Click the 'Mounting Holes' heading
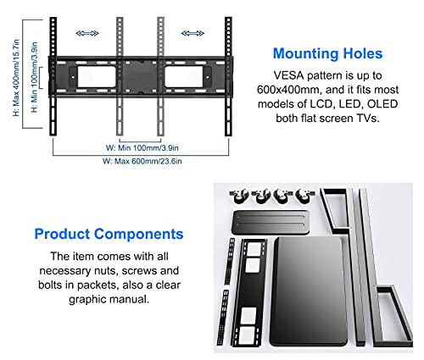click(x=327, y=53)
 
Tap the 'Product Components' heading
click(x=109, y=234)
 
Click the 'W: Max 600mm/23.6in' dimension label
click(x=142, y=161)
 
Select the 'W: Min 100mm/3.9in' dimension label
click(x=142, y=147)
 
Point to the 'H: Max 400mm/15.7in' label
click(x=16, y=78)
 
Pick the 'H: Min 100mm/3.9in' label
click(x=34, y=77)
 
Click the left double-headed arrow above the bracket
click(x=87, y=34)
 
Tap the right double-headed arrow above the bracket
click(x=192, y=34)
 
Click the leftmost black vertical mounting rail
click(x=53, y=76)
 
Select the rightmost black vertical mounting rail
click(x=228, y=76)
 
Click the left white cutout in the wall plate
click(x=97, y=77)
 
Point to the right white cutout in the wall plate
click(x=184, y=77)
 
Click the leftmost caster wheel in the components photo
click(x=239, y=196)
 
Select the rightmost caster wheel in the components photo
click(x=305, y=196)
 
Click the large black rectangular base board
click(x=309, y=291)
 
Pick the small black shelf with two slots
click(x=271, y=222)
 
